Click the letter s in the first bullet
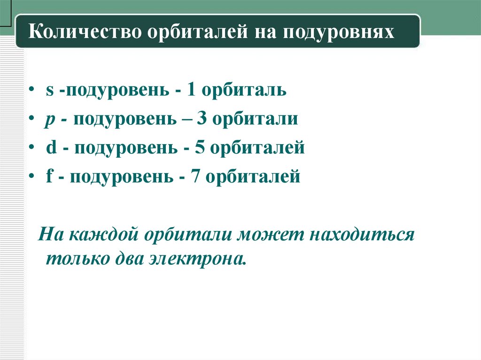coord(49,90)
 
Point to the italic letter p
coord(49,120)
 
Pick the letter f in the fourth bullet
coord(49,177)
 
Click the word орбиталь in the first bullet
coord(244,90)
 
